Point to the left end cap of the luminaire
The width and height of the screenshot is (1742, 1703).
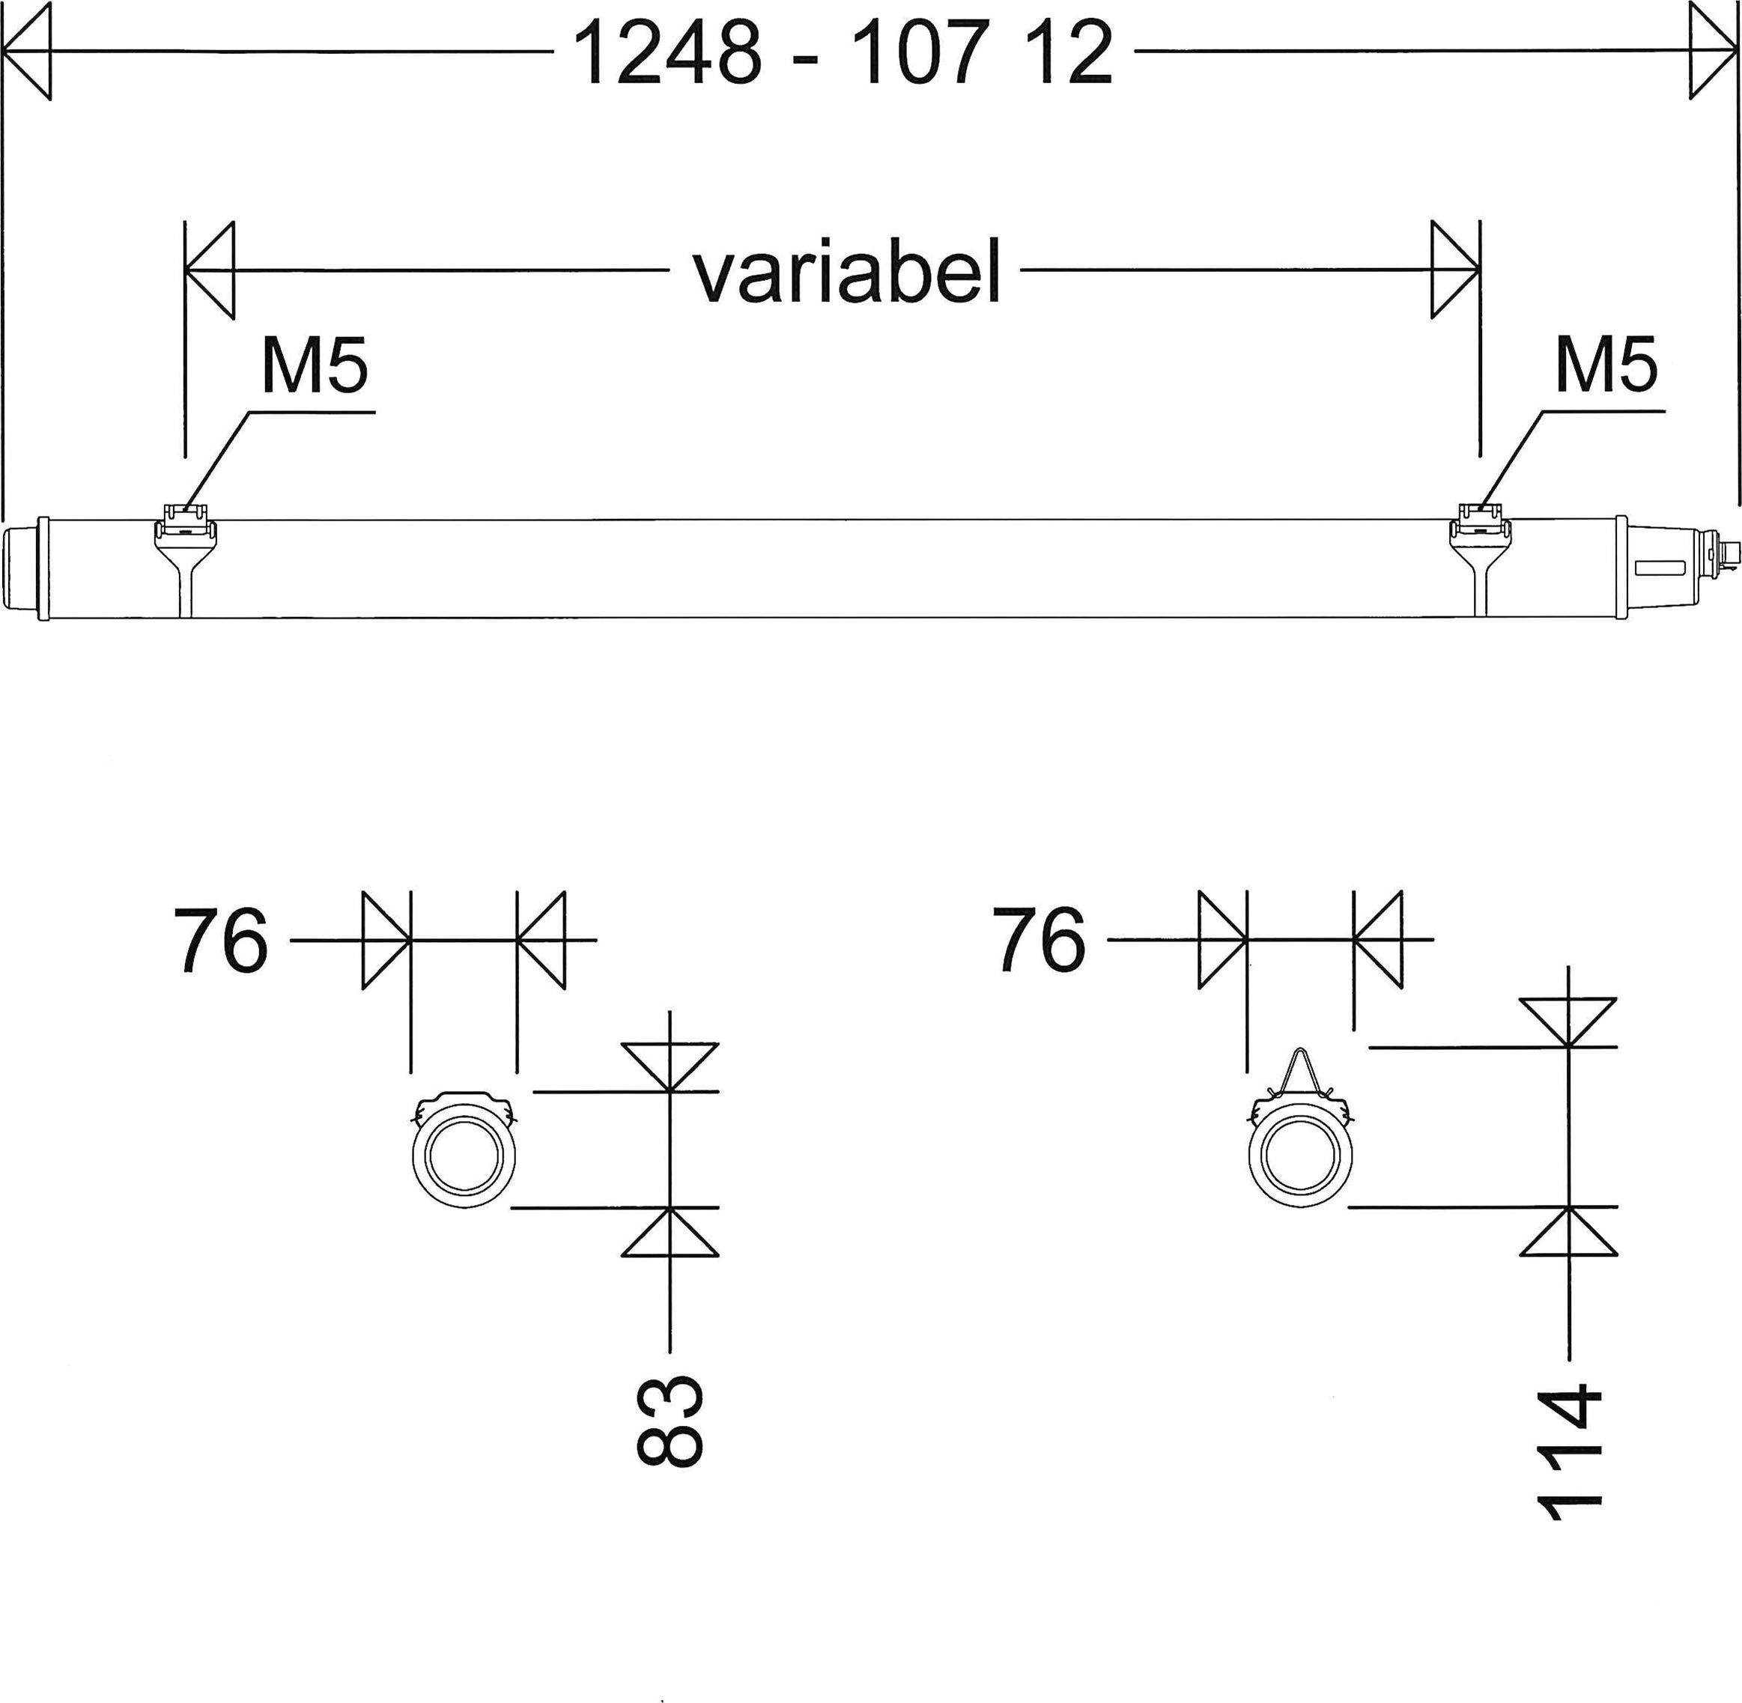pos(22,568)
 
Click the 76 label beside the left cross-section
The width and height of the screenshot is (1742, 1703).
pos(220,940)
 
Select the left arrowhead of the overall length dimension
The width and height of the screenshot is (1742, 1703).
pos(27,51)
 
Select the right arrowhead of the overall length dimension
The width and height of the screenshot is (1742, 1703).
pos(1713,51)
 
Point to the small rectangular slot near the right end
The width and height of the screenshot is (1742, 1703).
pos(1660,567)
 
